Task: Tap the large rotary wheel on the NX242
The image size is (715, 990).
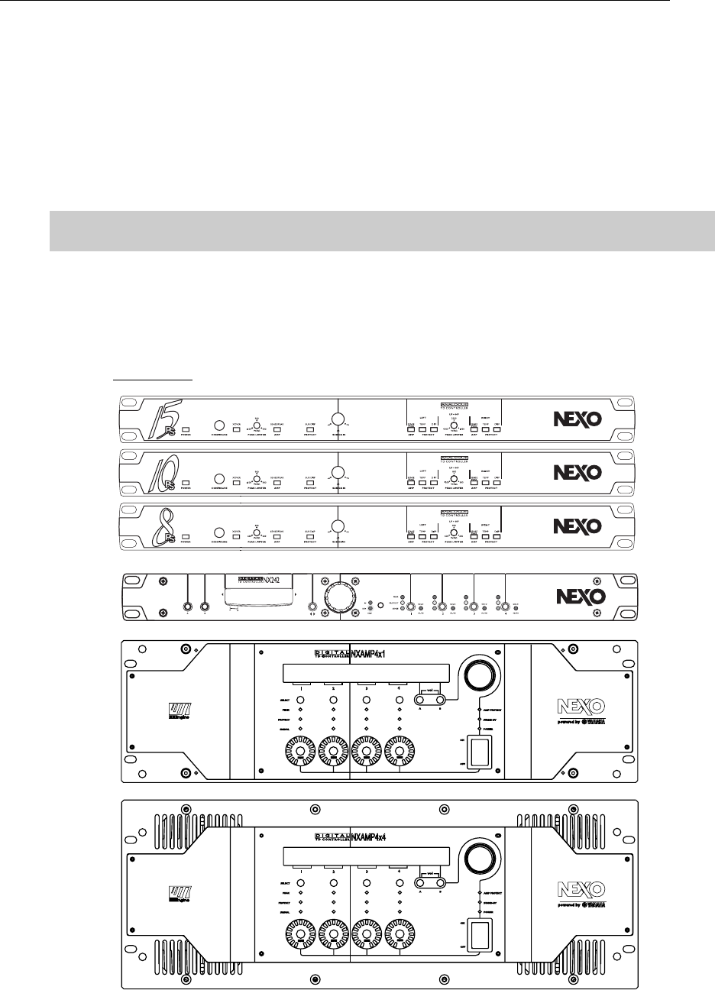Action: tap(338, 595)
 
